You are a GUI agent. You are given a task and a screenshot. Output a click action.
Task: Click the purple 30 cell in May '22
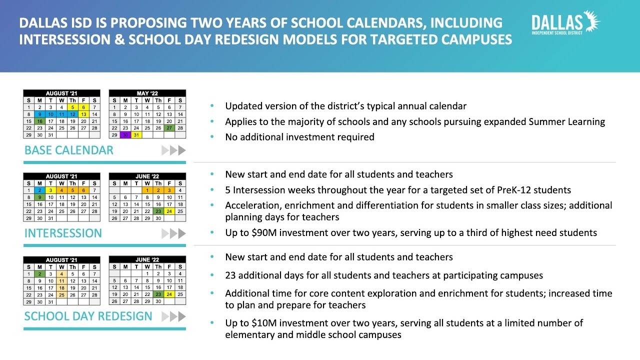125,135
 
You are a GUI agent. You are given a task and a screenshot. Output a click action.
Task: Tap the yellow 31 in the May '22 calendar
136,135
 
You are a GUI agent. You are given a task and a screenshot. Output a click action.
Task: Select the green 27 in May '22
169,128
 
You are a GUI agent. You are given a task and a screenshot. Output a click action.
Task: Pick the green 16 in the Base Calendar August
39,121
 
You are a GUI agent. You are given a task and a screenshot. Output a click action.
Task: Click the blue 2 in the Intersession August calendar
39,190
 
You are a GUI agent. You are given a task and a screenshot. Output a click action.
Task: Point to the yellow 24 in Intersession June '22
169,211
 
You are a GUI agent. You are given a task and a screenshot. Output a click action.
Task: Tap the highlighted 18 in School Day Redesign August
61,287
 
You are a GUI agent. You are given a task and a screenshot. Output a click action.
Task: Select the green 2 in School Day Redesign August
39,273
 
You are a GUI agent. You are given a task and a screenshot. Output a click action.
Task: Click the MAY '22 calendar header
147,93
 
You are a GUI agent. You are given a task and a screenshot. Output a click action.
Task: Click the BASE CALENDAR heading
68,150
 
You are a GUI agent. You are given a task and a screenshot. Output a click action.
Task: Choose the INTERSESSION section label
62,233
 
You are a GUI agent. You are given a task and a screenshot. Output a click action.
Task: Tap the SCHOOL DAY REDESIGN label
88,316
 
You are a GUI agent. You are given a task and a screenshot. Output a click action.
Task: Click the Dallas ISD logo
565,23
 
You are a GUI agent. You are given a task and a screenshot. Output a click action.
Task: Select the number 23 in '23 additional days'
230,275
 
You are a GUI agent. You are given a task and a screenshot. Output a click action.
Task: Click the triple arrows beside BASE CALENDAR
173,150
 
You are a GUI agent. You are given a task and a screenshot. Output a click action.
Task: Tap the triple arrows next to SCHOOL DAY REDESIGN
173,316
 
